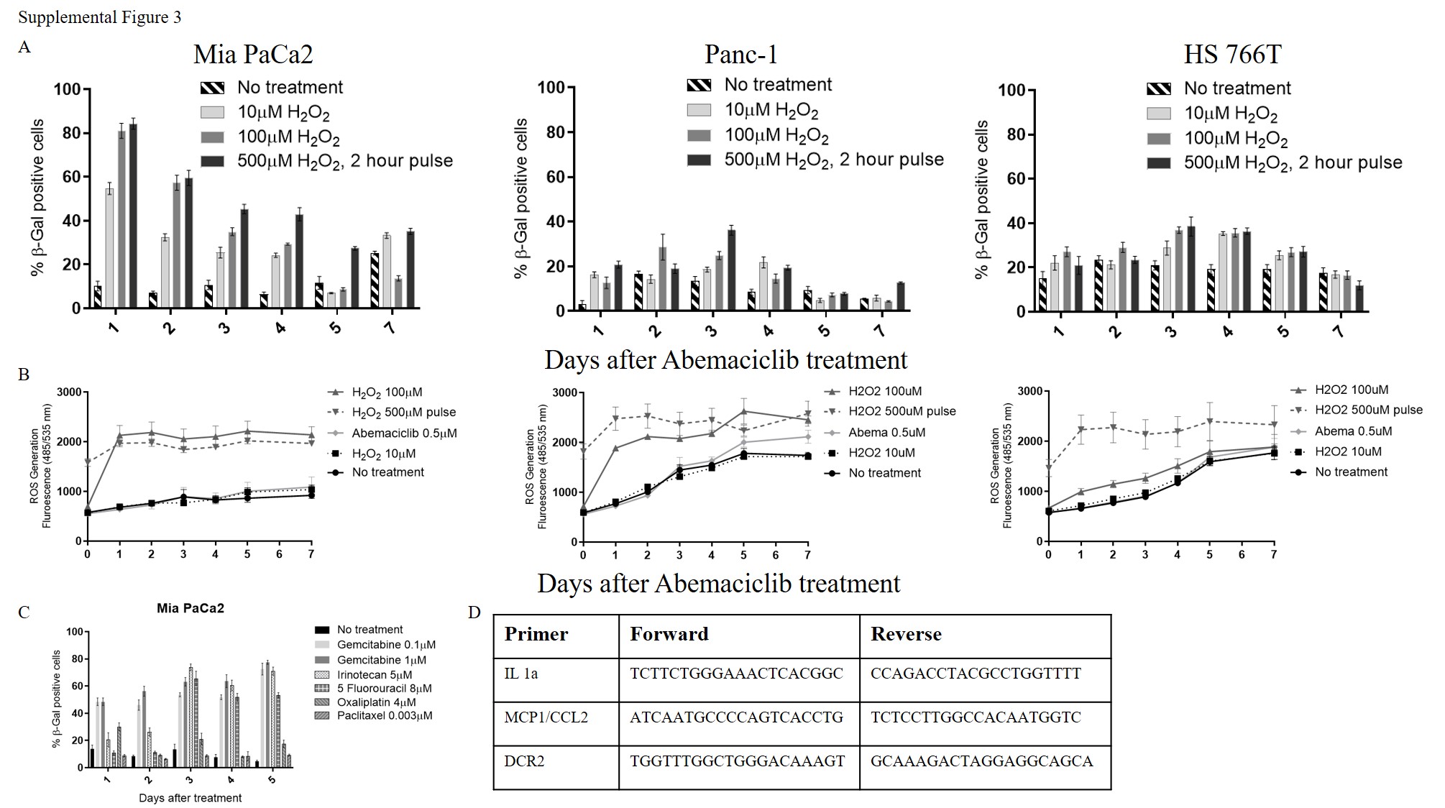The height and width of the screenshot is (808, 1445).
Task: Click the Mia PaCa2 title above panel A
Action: (x=253, y=54)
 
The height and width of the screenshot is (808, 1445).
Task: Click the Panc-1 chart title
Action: (x=740, y=54)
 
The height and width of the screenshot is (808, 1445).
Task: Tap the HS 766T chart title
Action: (x=1232, y=54)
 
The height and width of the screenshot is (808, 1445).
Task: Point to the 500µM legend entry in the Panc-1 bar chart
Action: (x=833, y=160)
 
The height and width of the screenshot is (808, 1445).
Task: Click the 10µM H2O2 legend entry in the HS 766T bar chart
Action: (x=1230, y=114)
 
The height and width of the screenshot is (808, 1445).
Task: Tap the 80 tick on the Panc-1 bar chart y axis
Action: (x=556, y=132)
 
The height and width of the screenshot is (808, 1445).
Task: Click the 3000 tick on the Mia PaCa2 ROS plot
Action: (x=69, y=392)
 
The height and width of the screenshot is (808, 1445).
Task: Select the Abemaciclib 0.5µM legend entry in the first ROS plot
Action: (x=404, y=433)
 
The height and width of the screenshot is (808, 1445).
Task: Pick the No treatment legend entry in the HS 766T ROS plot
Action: (x=1351, y=472)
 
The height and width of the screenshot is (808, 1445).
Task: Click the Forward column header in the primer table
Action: (x=669, y=634)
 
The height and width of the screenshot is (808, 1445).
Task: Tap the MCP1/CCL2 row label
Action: (x=546, y=717)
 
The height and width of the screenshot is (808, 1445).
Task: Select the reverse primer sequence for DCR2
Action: (x=981, y=761)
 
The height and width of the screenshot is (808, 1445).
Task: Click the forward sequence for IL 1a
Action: (x=735, y=674)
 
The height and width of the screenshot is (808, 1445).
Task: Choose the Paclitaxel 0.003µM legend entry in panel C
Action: (x=384, y=716)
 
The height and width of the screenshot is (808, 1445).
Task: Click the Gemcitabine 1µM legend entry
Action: (x=381, y=660)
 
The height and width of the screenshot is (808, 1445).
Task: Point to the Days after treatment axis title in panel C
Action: (x=190, y=798)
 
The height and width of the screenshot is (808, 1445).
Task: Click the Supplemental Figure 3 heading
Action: (x=99, y=17)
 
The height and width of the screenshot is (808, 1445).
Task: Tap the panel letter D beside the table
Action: (x=474, y=612)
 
